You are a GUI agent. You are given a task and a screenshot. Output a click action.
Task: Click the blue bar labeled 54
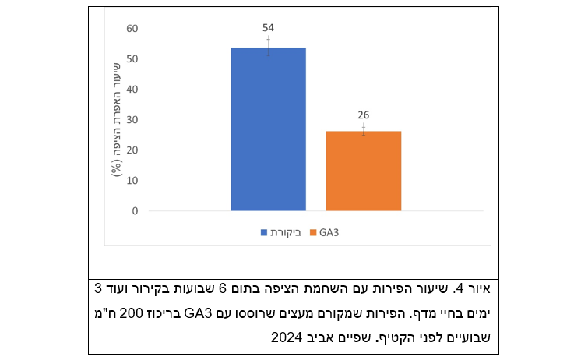(268, 129)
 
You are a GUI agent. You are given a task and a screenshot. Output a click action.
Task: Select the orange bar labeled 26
(363, 171)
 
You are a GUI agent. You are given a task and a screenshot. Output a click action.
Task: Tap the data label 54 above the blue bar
(268, 27)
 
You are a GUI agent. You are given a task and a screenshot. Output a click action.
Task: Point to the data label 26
(363, 115)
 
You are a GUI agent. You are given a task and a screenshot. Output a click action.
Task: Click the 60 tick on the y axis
(132, 29)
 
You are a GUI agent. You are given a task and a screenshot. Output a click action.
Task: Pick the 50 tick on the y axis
(132, 59)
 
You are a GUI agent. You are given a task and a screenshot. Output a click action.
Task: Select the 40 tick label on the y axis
(132, 90)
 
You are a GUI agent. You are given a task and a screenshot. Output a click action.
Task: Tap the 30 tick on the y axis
(132, 120)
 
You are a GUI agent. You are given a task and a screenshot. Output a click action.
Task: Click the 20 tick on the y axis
(132, 150)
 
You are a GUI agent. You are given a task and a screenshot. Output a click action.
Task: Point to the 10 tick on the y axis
(132, 181)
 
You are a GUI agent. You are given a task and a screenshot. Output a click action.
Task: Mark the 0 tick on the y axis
(135, 211)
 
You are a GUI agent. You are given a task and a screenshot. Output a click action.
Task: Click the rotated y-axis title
(116, 118)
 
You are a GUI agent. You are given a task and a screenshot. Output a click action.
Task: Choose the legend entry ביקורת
(285, 233)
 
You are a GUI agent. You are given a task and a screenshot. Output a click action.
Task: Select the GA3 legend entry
(329, 233)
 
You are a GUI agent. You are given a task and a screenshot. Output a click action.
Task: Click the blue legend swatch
(263, 233)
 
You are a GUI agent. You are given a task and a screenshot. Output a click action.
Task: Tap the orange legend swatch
(313, 233)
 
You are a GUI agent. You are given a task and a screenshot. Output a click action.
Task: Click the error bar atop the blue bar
(268, 47)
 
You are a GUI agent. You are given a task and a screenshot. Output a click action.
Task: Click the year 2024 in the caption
(287, 337)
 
